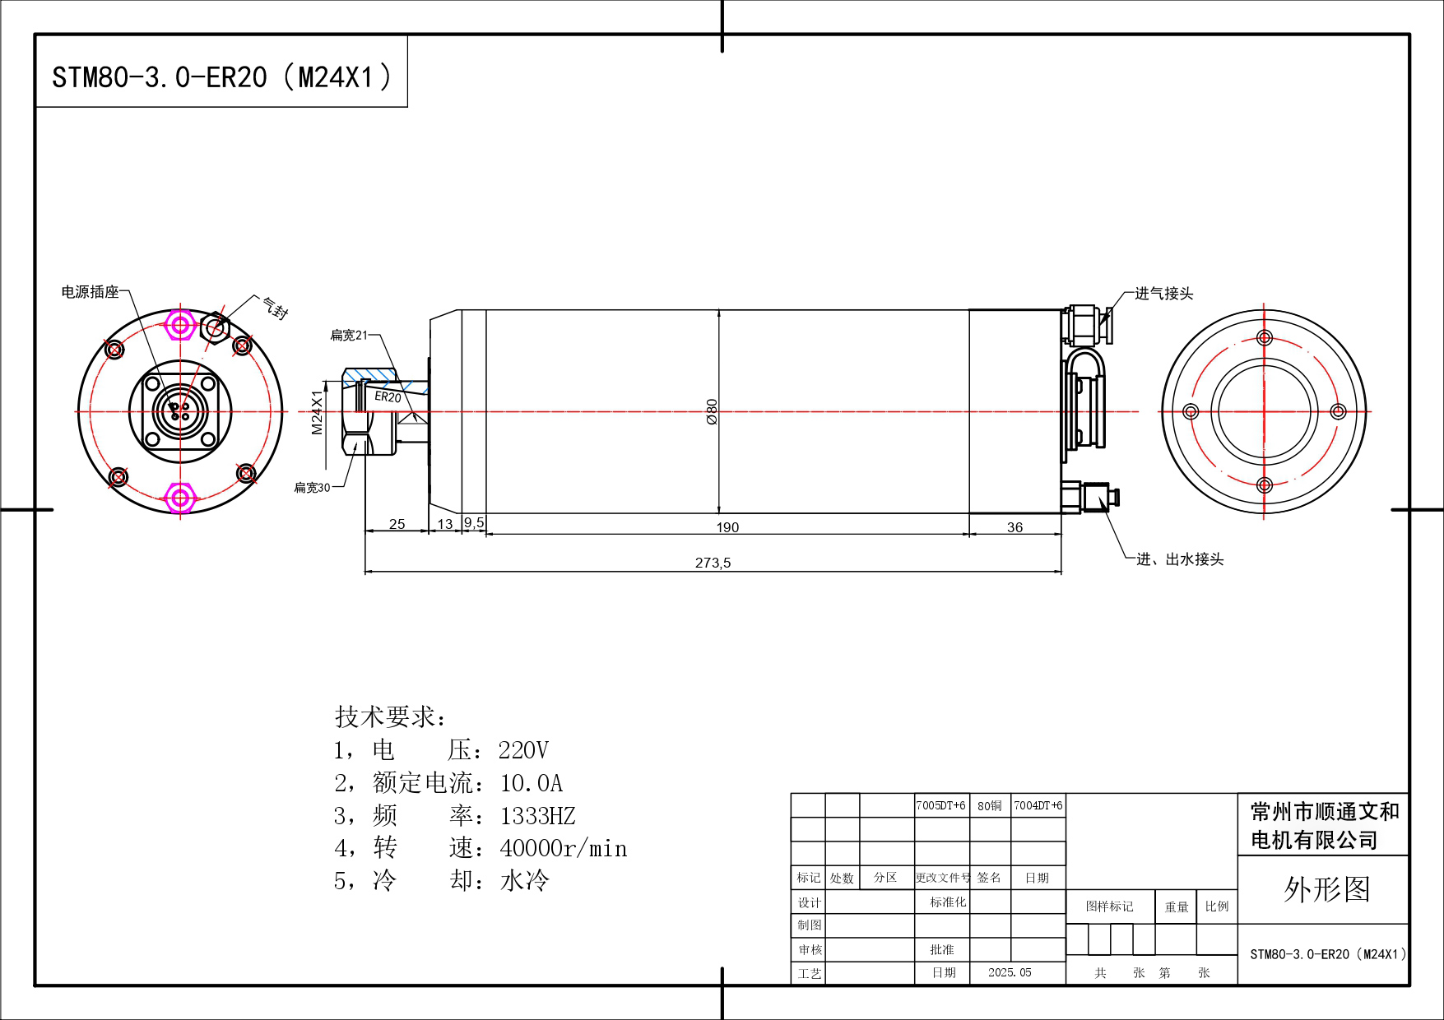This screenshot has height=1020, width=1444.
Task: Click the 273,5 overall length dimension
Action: (713, 563)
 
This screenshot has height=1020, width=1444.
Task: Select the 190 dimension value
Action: (727, 527)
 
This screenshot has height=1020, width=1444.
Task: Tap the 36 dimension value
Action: (1015, 527)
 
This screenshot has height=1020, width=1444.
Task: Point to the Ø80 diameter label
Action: (712, 411)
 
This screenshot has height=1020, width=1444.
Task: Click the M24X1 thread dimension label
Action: (317, 411)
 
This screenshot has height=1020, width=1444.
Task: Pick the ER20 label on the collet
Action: (388, 396)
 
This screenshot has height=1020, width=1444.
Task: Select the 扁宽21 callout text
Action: (349, 335)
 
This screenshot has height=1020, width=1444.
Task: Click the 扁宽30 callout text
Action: (312, 487)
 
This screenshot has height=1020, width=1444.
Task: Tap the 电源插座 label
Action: (91, 292)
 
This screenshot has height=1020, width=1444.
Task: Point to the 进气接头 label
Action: (1163, 294)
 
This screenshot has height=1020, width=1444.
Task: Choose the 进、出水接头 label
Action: (1180, 559)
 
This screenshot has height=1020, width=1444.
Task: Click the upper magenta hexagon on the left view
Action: (180, 325)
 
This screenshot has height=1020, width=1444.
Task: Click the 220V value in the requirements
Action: (523, 750)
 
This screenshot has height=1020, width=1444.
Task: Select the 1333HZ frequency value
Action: (538, 816)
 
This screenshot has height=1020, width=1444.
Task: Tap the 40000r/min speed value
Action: (564, 848)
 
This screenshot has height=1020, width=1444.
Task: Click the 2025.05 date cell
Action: (1010, 972)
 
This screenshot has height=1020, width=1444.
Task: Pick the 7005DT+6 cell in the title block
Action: (940, 805)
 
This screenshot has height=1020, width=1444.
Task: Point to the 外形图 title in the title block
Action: (1326, 889)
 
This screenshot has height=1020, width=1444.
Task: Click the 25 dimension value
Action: (397, 524)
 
